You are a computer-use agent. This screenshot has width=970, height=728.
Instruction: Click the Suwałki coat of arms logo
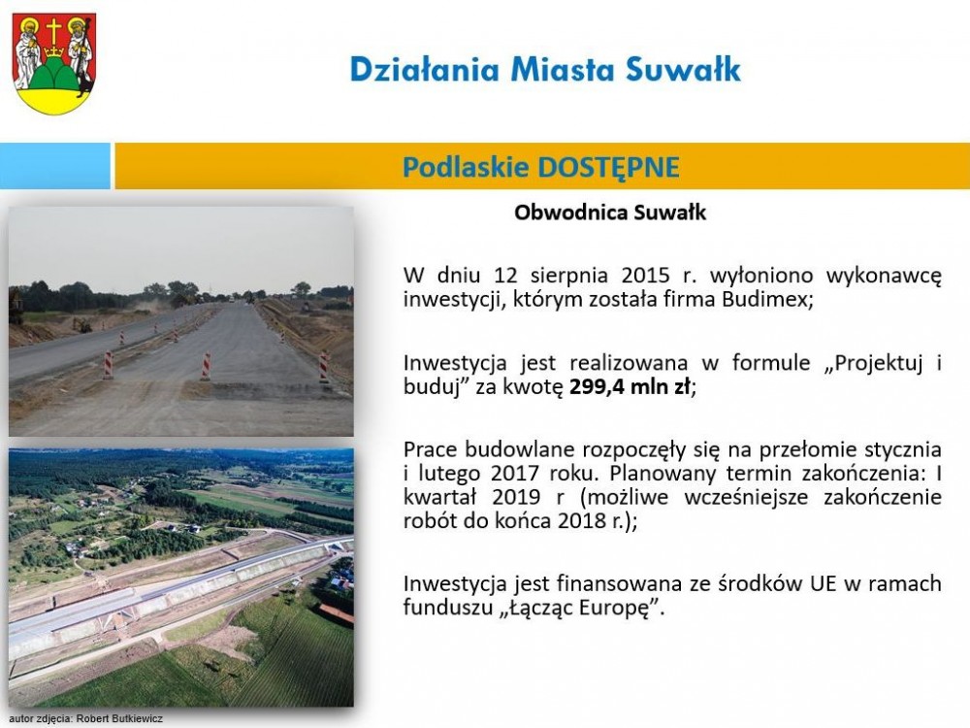coord(53,63)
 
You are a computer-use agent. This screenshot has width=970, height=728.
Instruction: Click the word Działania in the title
coord(425,69)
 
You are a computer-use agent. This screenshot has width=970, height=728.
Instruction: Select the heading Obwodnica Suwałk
coord(610,213)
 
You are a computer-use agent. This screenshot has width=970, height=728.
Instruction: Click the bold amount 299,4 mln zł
coord(630,387)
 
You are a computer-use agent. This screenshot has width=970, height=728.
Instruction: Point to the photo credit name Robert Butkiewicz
coord(119,718)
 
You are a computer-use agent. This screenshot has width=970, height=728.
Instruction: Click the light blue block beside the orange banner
coord(55,166)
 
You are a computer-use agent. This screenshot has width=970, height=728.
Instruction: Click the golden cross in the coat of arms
coord(54,31)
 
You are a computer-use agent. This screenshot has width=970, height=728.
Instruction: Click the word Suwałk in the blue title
coord(683,69)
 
